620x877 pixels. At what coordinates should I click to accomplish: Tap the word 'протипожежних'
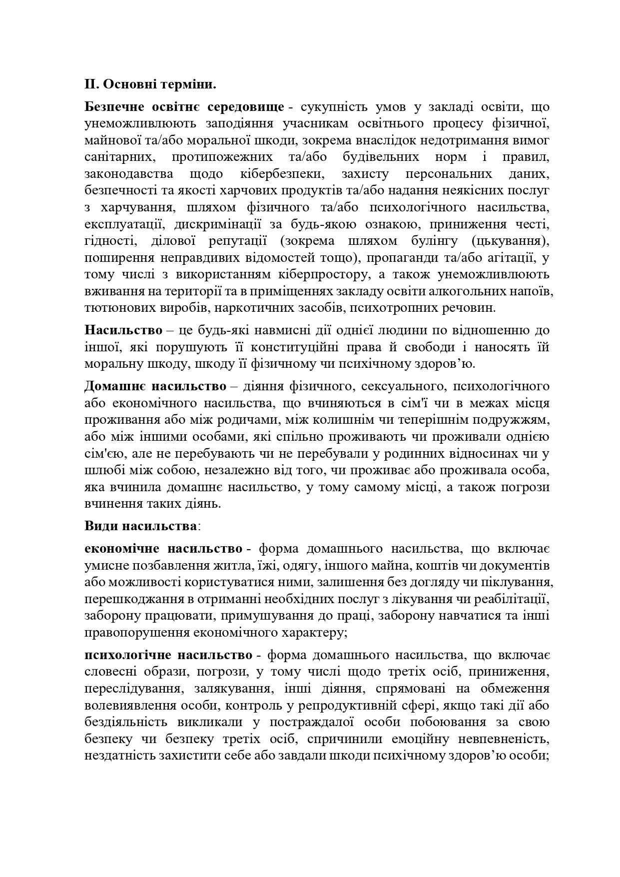pyautogui.click(x=222, y=157)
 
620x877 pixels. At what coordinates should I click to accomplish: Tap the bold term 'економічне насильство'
pyautogui.click(x=164, y=549)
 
